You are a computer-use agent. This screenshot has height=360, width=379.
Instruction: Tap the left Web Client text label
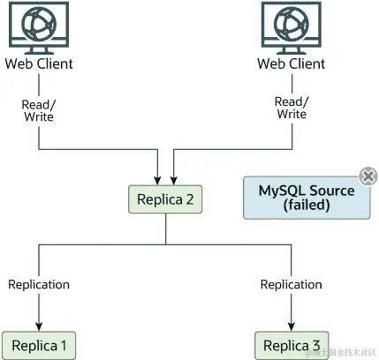39,64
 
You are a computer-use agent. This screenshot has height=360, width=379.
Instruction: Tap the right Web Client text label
291,64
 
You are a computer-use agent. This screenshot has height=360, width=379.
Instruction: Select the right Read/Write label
291,107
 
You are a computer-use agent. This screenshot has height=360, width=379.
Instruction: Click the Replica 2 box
166,199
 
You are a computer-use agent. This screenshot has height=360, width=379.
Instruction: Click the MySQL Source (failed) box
306,198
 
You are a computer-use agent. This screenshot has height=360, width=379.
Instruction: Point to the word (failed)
306,206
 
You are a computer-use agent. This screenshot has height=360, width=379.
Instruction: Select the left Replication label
39,284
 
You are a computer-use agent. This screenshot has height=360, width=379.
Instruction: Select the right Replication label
291,284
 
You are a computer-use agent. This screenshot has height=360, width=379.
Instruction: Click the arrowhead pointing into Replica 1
39,326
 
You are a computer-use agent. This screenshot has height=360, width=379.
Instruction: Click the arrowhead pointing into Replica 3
291,326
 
